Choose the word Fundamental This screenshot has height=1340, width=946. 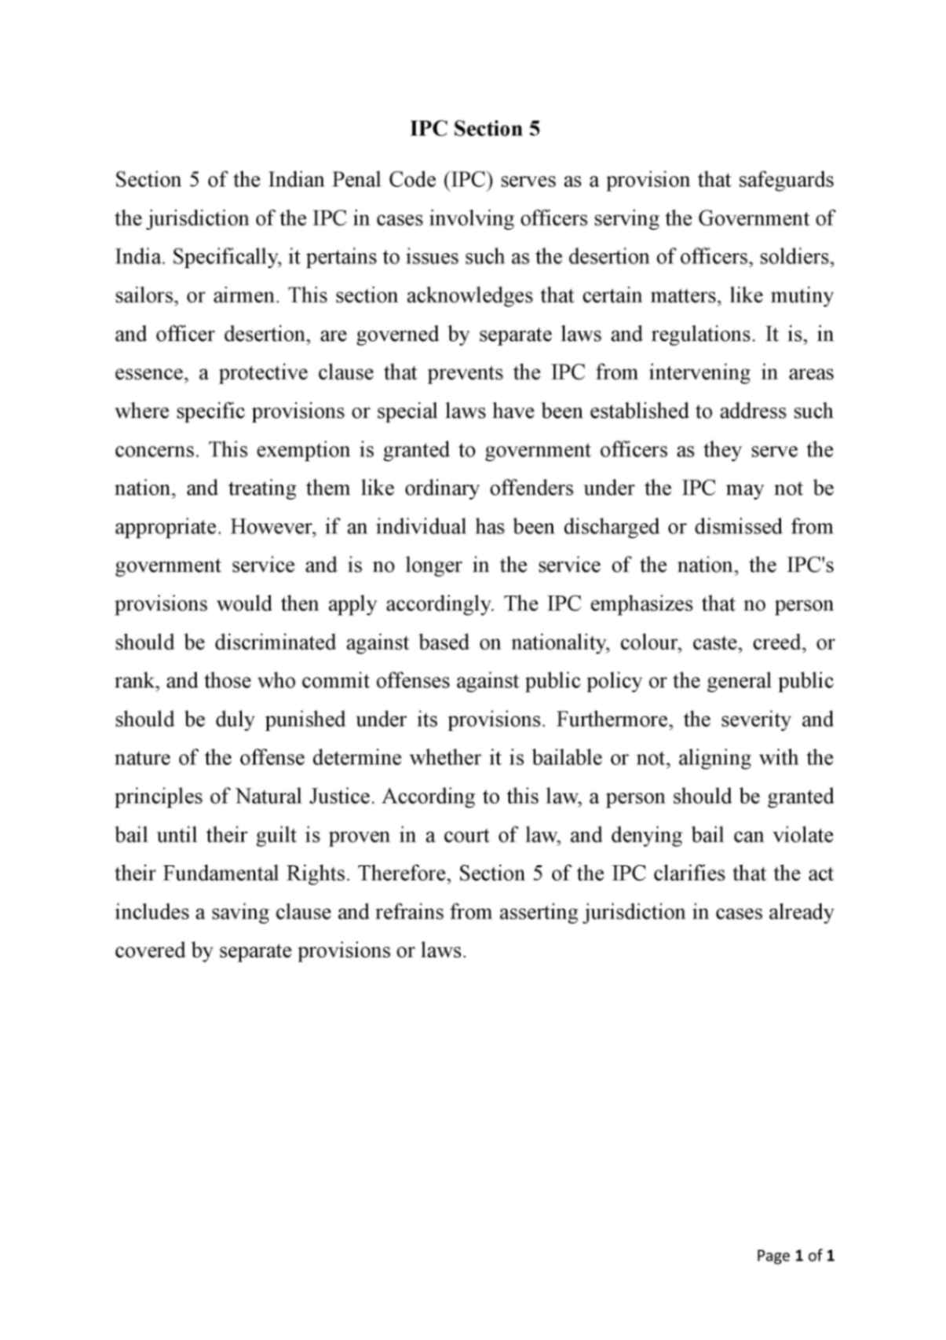pos(217,874)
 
